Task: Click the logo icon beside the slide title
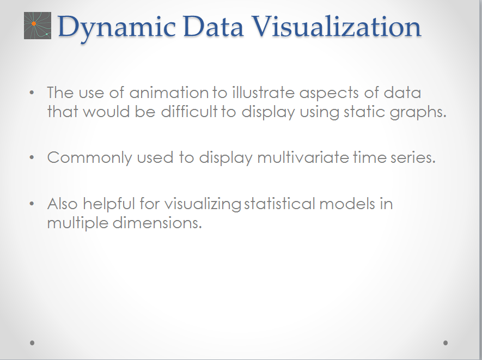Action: click(x=37, y=26)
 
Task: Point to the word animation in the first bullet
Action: click(x=169, y=93)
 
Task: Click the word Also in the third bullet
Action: click(x=63, y=204)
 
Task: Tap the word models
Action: click(x=347, y=204)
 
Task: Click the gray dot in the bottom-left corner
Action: click(x=33, y=343)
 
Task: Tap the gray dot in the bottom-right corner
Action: click(x=446, y=343)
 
